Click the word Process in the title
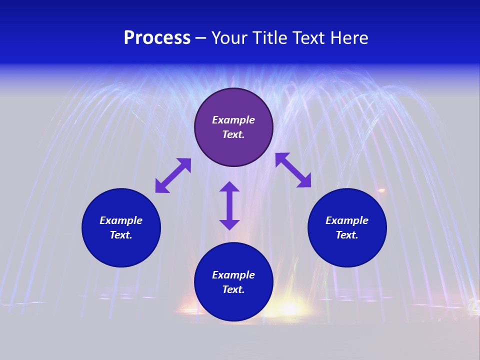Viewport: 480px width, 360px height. point(157,38)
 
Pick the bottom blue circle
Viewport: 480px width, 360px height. point(233,300)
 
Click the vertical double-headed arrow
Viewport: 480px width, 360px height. point(229,205)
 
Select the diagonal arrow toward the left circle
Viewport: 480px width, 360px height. point(173,175)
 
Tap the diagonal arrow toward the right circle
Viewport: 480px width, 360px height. point(293,170)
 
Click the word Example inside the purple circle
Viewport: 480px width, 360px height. point(233,120)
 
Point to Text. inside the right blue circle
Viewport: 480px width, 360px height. point(347,235)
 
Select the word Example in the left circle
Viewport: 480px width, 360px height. point(121,220)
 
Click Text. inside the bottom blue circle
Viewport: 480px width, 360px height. point(233,289)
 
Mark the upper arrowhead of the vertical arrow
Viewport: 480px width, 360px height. point(229,186)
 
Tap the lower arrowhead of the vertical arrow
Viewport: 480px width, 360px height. point(229,224)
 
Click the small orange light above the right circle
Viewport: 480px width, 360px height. point(381,190)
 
